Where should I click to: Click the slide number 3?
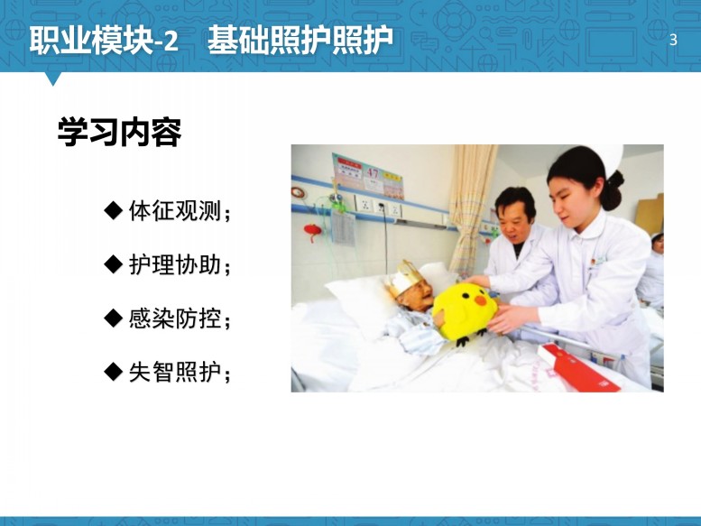[x=673, y=40]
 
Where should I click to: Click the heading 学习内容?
[x=119, y=132]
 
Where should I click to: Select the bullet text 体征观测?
[x=175, y=210]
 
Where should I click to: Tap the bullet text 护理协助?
[x=175, y=264]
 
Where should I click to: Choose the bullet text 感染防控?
[x=175, y=318]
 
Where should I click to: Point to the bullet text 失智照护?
[x=175, y=372]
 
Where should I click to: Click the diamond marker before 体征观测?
[x=113, y=210]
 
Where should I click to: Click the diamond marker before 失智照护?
[x=113, y=372]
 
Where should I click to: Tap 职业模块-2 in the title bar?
[x=104, y=41]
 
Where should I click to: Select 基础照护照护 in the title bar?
[x=300, y=41]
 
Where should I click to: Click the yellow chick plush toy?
[x=465, y=313]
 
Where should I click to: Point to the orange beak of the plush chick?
[x=481, y=300]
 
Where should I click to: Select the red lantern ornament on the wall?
[x=312, y=232]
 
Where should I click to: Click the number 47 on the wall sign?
[x=373, y=172]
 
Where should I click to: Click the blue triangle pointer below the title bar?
[x=52, y=78]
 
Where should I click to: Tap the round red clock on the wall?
[x=298, y=193]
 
